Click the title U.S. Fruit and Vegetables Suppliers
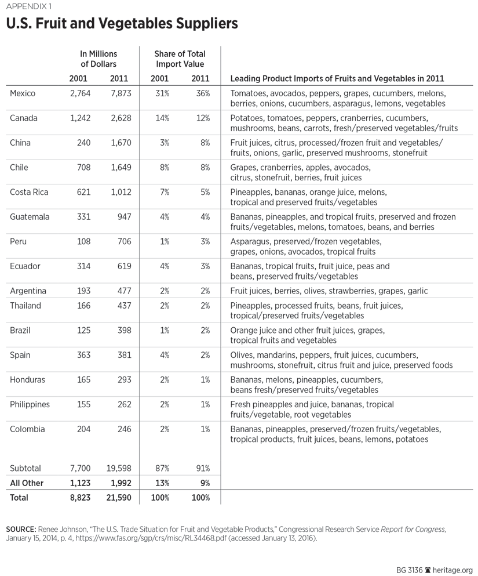click(122, 24)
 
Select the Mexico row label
click(23, 93)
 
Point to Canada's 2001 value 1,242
click(79, 118)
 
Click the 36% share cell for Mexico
click(203, 93)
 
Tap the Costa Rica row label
click(29, 192)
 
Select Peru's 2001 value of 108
click(83, 241)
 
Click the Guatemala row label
click(30, 217)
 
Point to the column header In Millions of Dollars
click(98, 59)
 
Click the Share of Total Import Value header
click(180, 59)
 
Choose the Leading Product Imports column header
click(337, 78)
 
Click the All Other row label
click(27, 483)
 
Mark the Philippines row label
click(30, 404)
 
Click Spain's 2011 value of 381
click(123, 355)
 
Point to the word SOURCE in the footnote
click(20, 530)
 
